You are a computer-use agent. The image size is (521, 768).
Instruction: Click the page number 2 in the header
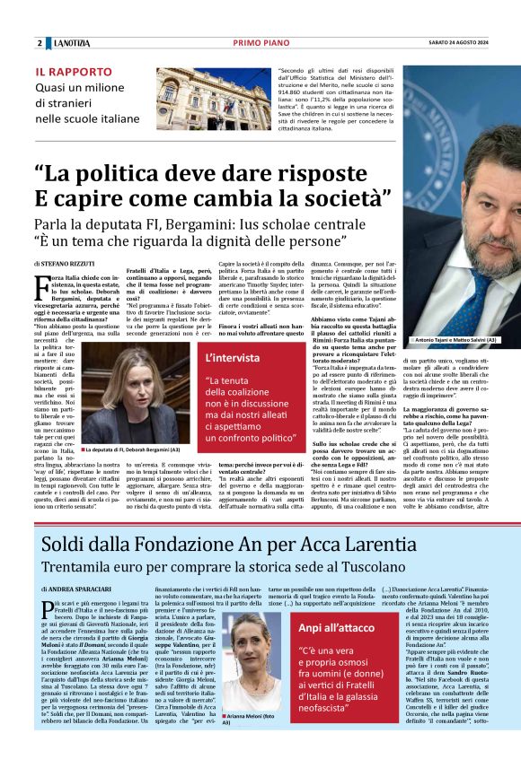click(x=40, y=43)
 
